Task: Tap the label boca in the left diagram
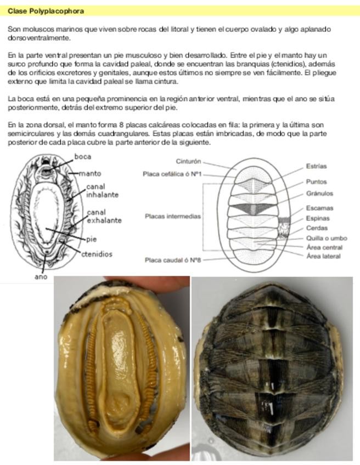tap(82, 157)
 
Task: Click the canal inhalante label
tap(102, 191)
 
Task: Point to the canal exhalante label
tap(104, 216)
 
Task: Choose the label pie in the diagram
tap(92, 239)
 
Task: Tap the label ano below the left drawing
tap(41, 276)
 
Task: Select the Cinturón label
tap(189, 162)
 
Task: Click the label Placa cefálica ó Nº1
tap(172, 174)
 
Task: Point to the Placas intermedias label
tap(172, 217)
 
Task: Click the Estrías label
tap(316, 166)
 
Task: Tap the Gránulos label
tap(319, 193)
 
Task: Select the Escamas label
tap(319, 208)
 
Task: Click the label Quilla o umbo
tap(327, 238)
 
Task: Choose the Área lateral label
tap(324, 256)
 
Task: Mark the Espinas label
tap(318, 218)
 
